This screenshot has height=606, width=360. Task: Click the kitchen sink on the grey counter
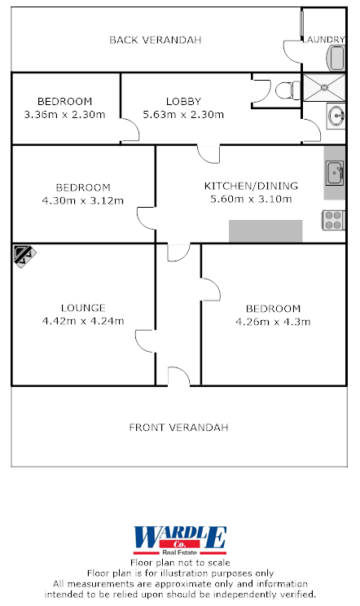[335, 173]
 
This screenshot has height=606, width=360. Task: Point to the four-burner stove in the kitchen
[334, 218]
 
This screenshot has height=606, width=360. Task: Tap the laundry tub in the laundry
[336, 57]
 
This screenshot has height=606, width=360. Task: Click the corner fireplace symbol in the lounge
[22, 255]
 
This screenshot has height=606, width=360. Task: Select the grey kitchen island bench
[265, 231]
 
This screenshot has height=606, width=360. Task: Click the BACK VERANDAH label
[155, 40]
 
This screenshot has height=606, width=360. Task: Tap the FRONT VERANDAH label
[179, 427]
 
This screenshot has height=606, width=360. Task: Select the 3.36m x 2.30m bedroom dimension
[65, 114]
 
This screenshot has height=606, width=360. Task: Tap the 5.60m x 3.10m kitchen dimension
[251, 199]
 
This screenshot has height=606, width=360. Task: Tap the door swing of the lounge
[145, 342]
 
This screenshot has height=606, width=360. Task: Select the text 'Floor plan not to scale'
[180, 562]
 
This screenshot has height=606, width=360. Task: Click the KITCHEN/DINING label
[251, 186]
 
